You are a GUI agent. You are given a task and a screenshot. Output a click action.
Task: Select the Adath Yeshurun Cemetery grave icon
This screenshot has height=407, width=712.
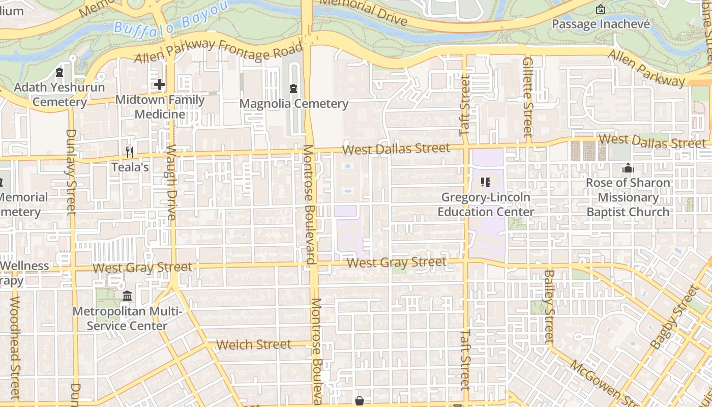60,72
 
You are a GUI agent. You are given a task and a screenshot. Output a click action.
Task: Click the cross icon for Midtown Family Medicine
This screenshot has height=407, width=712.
160,84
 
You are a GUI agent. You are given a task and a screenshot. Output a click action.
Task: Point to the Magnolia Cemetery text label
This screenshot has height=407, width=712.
293,104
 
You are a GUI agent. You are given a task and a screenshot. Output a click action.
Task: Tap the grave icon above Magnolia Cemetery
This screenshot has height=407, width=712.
293,89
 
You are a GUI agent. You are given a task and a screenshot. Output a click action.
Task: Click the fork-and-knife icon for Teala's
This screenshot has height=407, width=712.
130,152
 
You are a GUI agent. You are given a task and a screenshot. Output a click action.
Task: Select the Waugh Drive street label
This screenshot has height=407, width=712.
171,183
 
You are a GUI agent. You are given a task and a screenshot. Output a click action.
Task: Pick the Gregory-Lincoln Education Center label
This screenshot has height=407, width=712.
486,205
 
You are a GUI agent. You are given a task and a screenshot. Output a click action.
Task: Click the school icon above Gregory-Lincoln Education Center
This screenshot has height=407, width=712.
485,182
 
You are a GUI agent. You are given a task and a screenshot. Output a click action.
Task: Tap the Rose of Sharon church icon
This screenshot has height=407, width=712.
628,168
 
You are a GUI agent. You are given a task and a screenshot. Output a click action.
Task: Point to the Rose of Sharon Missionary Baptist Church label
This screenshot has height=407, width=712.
628,197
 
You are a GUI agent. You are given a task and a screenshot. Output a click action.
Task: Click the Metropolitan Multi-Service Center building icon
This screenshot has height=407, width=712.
127,296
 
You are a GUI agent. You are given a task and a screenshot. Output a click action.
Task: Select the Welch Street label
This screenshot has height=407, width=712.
254,344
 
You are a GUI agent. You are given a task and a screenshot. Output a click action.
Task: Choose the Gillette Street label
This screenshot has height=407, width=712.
527,97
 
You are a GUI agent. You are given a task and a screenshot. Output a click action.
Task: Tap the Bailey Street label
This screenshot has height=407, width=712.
548,306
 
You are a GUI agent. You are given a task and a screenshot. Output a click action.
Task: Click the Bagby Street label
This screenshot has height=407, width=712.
674,317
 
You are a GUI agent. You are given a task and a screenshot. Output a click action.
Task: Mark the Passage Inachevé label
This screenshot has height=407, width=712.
601,24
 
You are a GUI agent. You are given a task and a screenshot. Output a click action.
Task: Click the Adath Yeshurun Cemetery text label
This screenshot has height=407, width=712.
60,95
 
